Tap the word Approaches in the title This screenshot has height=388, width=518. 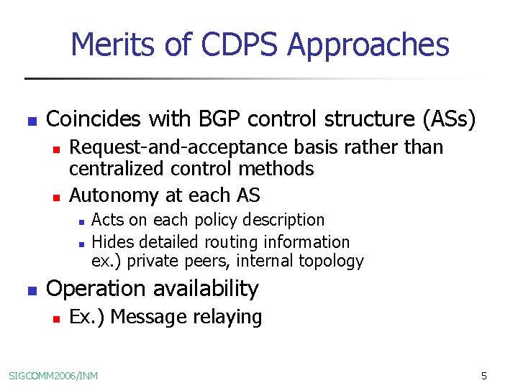368,45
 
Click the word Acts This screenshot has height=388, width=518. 107,220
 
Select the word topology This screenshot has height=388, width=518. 335,261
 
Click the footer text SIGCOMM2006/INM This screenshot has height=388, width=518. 53,375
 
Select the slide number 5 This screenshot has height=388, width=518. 484,375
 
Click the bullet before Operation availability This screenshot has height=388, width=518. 30,291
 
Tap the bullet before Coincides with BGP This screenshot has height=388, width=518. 30,121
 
